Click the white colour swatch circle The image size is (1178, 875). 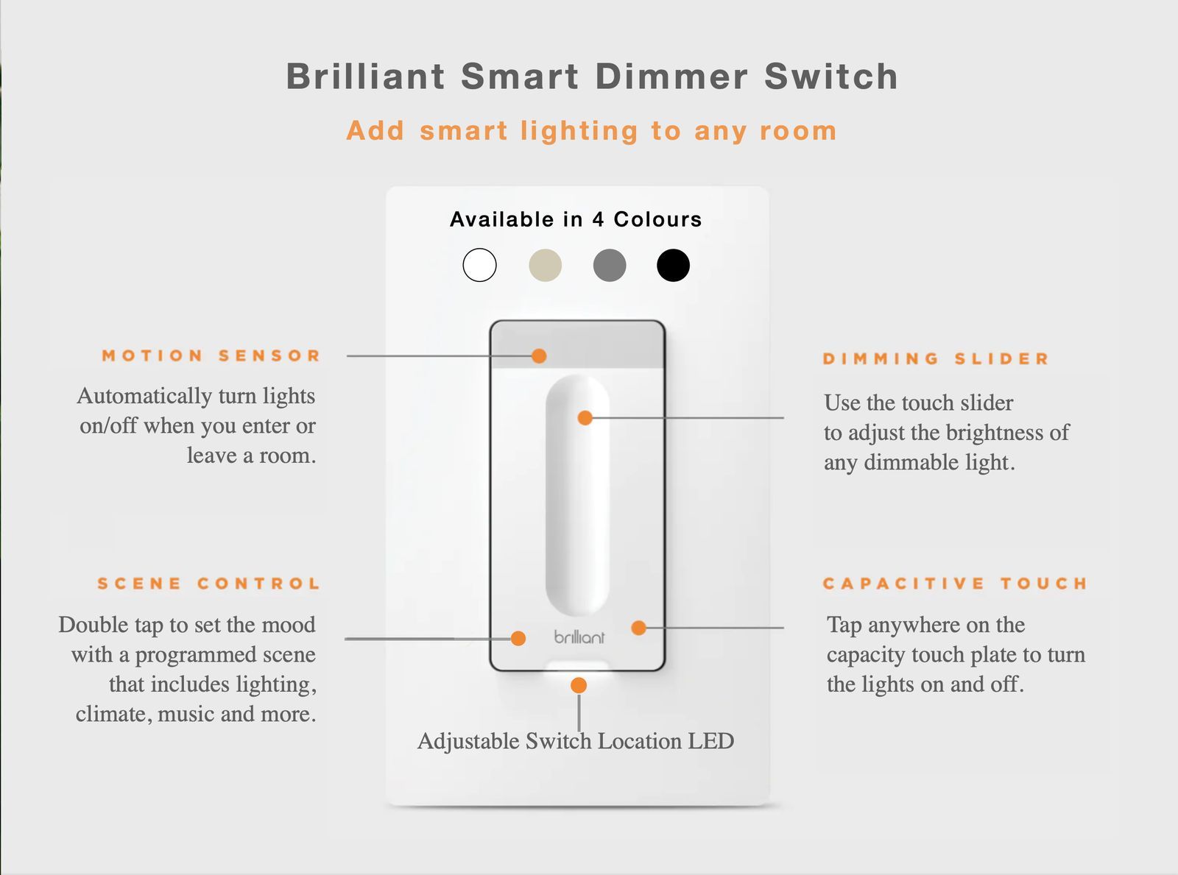click(x=479, y=265)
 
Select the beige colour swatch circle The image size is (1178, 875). click(x=546, y=265)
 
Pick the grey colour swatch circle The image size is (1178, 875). click(x=610, y=265)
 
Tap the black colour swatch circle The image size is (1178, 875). click(x=674, y=265)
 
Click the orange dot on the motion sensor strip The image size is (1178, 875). click(x=539, y=355)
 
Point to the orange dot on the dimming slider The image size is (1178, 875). click(x=585, y=418)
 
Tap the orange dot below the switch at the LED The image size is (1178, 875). click(x=579, y=685)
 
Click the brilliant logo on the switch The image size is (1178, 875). click(x=579, y=637)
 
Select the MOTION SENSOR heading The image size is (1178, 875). click(x=211, y=355)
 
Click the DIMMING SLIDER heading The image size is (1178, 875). click(x=936, y=358)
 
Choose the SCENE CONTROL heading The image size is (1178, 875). click(x=208, y=584)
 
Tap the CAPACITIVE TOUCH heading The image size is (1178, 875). click(x=955, y=584)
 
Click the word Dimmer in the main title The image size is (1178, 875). click(x=672, y=76)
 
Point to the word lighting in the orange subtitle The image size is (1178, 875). click(x=579, y=132)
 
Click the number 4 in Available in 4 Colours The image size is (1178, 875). click(x=599, y=219)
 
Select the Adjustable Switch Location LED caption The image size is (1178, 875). click(x=576, y=741)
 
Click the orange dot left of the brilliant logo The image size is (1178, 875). click(x=518, y=638)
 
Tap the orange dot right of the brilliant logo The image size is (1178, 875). click(x=639, y=628)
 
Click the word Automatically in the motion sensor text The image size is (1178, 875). click(x=144, y=397)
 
